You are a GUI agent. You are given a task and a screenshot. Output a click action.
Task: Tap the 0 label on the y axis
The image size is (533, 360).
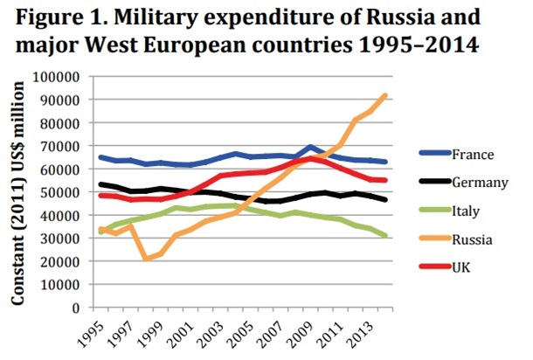[76, 308]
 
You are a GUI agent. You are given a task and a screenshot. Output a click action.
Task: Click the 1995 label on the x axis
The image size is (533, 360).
[99, 336]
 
